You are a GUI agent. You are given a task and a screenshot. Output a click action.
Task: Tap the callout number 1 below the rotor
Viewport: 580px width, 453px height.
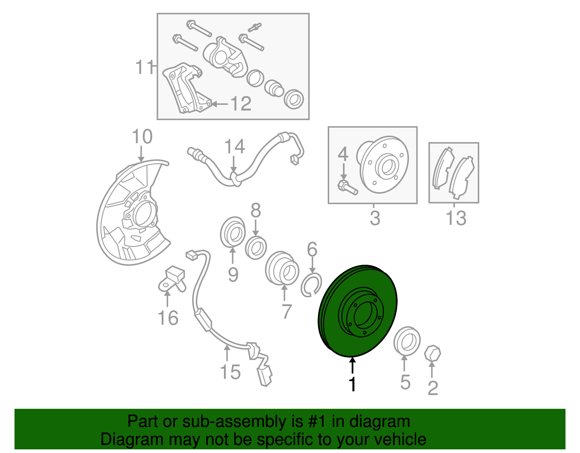352,384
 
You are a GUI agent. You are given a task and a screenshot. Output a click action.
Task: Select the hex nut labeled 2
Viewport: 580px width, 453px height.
432,353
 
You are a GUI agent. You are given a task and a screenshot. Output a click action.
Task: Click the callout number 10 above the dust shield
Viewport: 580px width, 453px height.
142,137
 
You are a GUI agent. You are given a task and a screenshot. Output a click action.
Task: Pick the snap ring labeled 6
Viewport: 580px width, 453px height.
311,285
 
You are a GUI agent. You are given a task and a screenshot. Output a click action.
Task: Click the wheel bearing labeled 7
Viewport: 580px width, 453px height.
282,268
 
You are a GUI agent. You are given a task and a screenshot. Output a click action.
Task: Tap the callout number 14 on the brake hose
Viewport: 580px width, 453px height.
235,147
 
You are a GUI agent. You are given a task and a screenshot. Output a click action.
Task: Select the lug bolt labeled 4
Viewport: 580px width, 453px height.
347,187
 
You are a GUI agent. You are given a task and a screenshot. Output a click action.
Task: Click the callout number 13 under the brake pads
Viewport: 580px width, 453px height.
456,218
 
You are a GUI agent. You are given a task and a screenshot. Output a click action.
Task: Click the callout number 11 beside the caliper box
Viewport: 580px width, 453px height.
144,67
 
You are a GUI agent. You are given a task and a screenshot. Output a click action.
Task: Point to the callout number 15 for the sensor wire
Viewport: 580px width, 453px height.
230,372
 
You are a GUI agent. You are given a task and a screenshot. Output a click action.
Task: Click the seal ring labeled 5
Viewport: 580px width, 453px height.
407,340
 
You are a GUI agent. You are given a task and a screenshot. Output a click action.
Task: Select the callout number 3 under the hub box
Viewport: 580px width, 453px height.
375,218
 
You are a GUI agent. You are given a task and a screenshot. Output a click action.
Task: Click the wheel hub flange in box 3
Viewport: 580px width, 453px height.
384,165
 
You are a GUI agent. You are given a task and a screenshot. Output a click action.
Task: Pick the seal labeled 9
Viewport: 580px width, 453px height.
232,232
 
